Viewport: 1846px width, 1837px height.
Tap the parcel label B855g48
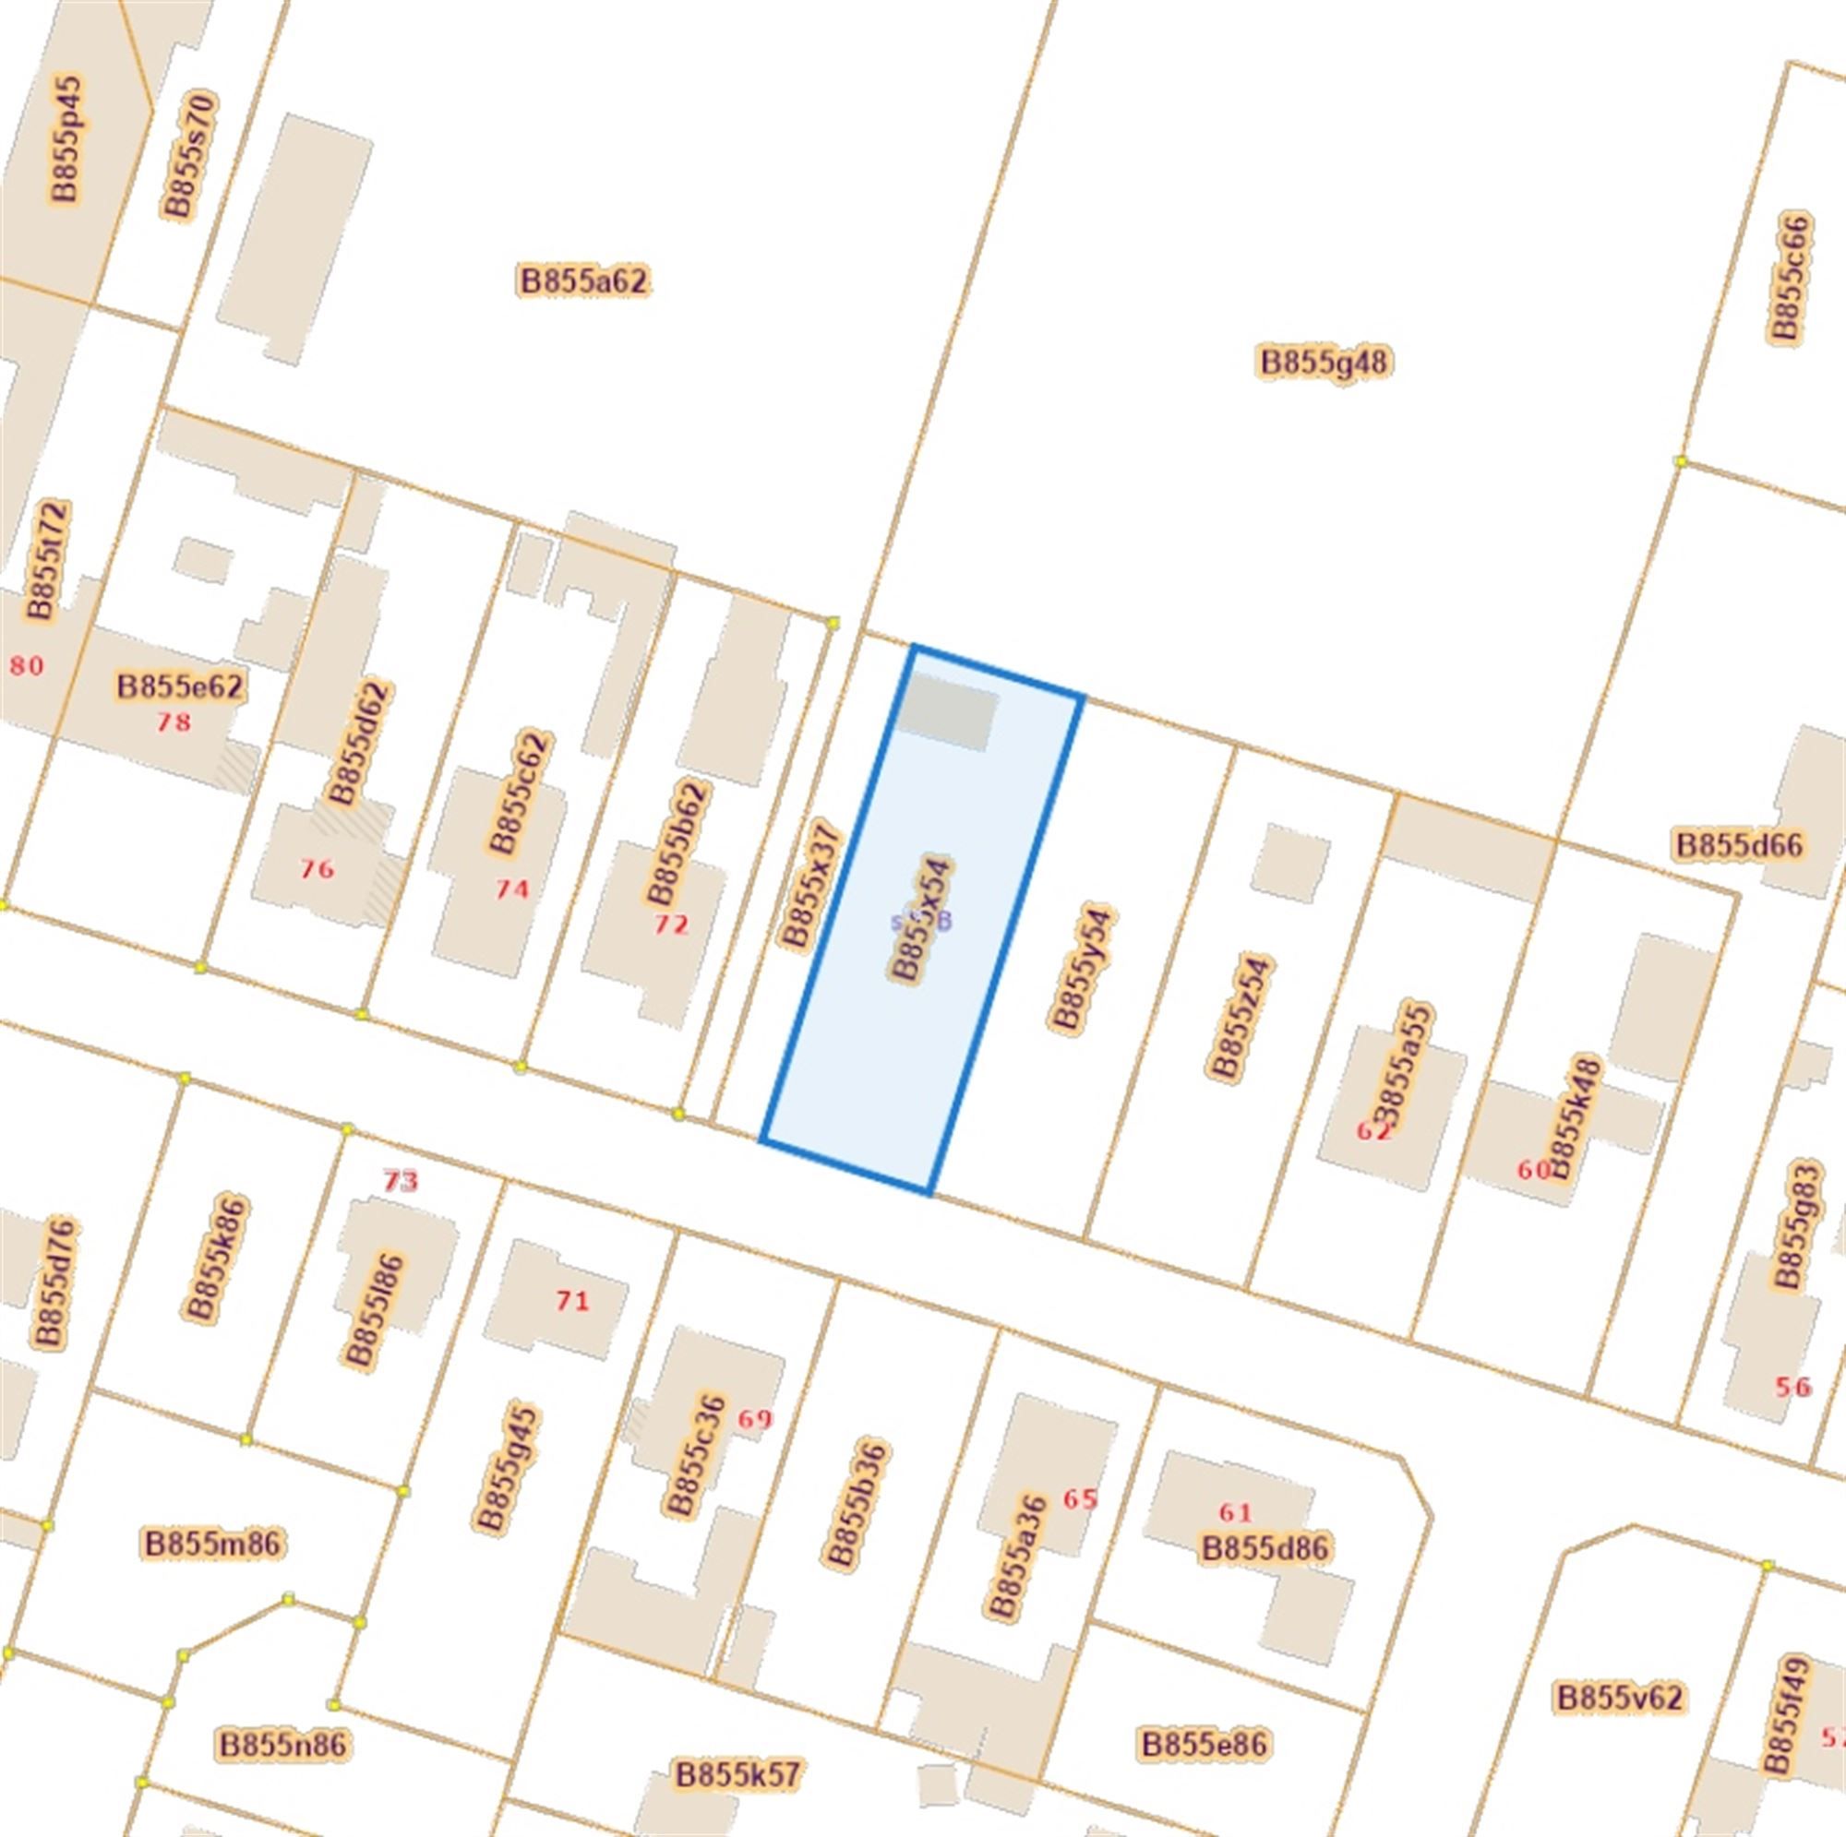click(1324, 362)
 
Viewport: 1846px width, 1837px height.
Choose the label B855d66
click(1739, 845)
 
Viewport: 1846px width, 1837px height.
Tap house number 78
click(173, 722)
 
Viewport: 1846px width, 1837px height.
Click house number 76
click(318, 869)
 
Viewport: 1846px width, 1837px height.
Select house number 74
click(512, 889)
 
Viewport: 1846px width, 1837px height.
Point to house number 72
click(671, 924)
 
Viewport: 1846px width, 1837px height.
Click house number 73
click(401, 1182)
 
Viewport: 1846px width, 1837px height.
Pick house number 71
click(572, 1300)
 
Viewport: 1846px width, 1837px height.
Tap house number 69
click(755, 1419)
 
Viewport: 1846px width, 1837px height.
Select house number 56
click(1792, 1386)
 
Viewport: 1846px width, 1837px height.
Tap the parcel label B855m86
click(213, 1544)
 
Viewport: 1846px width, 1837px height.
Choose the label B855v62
click(1620, 1698)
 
